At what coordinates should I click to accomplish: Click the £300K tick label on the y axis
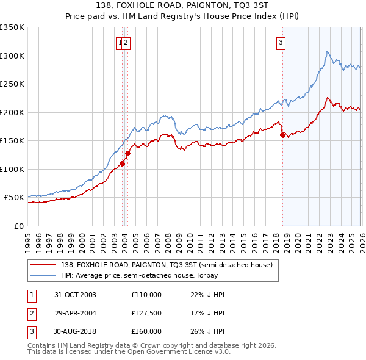(x=12, y=56)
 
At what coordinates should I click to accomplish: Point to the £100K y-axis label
(x=12, y=169)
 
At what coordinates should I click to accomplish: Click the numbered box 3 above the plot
(x=281, y=42)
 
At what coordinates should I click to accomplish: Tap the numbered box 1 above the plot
(x=121, y=42)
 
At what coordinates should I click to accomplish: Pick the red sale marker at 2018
(x=282, y=135)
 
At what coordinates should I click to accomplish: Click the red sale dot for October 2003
(x=123, y=164)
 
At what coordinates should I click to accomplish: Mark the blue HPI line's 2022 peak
(x=328, y=52)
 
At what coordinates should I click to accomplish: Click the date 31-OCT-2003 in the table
(x=75, y=295)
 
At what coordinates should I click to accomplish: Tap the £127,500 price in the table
(x=146, y=313)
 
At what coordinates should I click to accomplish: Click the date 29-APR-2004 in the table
(x=75, y=313)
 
